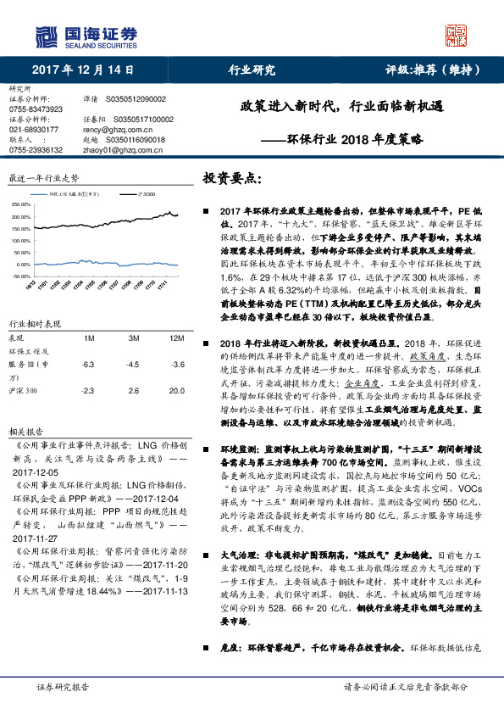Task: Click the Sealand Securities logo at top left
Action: [85, 35]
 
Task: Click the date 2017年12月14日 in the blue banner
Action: [82, 70]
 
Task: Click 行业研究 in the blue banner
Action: [252, 70]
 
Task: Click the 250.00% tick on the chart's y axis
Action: [20, 204]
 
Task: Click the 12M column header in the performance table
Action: [176, 315]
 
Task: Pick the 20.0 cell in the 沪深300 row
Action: [176, 367]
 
